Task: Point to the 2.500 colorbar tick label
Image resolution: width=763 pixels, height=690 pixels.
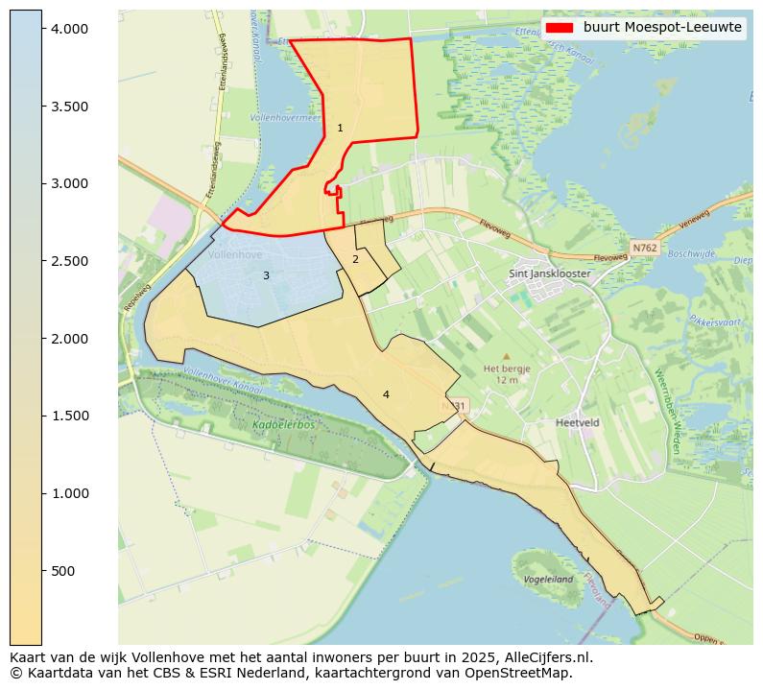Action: point(69,261)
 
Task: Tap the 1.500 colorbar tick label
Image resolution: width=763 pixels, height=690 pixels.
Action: point(69,416)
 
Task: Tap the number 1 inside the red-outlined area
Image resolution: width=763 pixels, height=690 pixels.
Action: point(340,128)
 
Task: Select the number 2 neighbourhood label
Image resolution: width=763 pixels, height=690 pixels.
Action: point(355,259)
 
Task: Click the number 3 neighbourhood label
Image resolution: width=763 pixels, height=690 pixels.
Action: point(266,276)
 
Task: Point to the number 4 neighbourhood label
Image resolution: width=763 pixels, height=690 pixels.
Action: point(386,394)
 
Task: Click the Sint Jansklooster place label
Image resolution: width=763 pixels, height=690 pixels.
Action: point(549,274)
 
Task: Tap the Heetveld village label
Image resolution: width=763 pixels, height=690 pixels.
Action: point(577,421)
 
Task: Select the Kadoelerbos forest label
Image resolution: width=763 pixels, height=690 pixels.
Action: point(284,424)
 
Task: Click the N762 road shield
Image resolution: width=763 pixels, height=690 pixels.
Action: point(644,248)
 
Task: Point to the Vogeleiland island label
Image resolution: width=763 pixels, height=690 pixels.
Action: point(548,580)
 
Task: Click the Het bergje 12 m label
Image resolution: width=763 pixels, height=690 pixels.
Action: point(506,373)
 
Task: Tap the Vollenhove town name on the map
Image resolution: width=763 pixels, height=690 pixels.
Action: point(235,255)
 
